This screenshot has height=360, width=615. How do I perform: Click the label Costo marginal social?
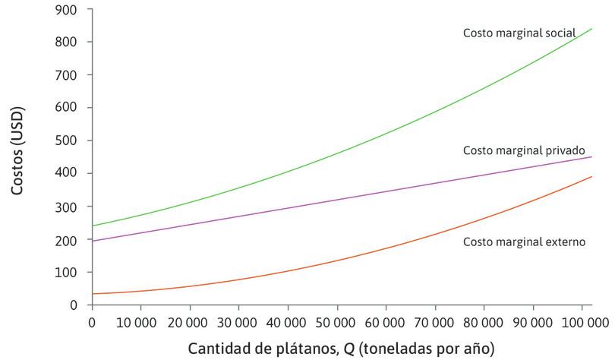[x=519, y=33]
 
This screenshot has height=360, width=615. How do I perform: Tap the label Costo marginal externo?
[x=523, y=242]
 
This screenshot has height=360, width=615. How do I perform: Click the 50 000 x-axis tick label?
[x=336, y=322]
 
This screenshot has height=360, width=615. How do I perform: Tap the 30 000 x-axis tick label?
[x=238, y=322]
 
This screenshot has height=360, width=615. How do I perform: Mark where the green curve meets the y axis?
[x=92, y=226]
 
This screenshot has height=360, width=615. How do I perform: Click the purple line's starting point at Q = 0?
[x=92, y=241]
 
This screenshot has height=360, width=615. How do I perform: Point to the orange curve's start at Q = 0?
[x=92, y=293]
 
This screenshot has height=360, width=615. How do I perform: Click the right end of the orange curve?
[x=591, y=177]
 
